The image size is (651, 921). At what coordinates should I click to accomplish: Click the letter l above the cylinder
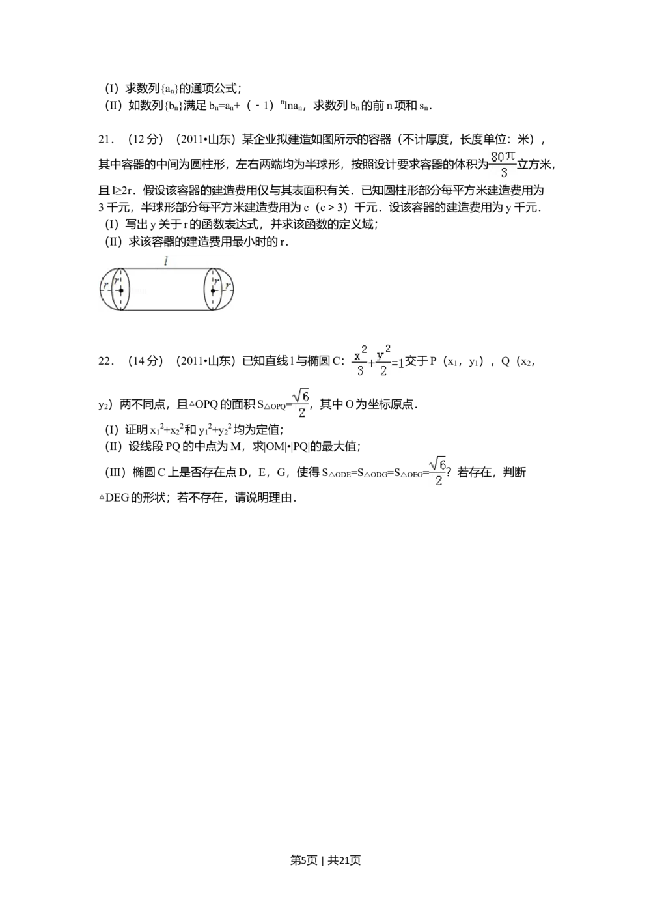click(166, 261)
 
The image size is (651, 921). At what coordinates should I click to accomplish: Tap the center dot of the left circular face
click(121, 290)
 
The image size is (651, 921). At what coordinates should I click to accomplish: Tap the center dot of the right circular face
click(213, 290)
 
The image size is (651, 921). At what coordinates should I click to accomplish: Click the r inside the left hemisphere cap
click(105, 285)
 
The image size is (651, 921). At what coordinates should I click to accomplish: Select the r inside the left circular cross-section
click(116, 282)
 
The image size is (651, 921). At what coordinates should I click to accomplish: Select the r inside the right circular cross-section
click(217, 282)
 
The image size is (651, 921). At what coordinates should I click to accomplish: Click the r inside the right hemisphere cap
click(227, 285)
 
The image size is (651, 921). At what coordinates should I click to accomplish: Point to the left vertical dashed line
click(121, 303)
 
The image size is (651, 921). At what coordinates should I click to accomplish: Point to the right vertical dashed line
click(213, 303)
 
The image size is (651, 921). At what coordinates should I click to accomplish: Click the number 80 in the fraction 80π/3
click(498, 157)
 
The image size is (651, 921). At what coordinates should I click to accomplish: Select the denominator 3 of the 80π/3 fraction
click(503, 173)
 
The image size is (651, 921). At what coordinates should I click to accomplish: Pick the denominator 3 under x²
click(359, 371)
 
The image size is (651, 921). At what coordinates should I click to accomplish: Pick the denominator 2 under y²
click(383, 371)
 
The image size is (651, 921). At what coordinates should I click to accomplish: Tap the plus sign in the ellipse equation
click(371, 363)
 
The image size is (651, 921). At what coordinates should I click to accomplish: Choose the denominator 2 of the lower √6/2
click(439, 481)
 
